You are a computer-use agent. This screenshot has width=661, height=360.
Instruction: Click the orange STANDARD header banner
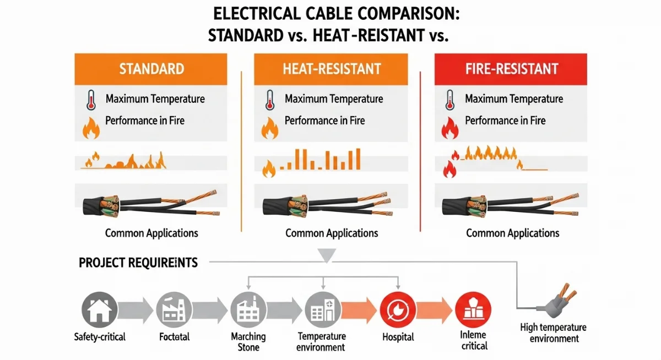(151, 69)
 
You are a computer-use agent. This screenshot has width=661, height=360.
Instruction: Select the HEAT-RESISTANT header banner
(331, 69)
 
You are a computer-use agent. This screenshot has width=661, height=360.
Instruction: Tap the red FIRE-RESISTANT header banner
(511, 69)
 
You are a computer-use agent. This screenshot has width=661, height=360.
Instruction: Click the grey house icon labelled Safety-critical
(99, 309)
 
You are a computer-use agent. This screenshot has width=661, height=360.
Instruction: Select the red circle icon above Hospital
(398, 309)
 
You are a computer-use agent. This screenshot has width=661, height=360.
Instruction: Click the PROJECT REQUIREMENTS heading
(138, 263)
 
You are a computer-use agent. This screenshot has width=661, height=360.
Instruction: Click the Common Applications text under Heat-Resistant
(332, 233)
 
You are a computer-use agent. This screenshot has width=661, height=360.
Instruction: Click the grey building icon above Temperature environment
(321, 309)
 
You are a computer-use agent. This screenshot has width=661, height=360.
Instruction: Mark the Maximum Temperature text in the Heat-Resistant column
(334, 99)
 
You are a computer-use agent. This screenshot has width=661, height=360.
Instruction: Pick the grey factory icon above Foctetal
(174, 309)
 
